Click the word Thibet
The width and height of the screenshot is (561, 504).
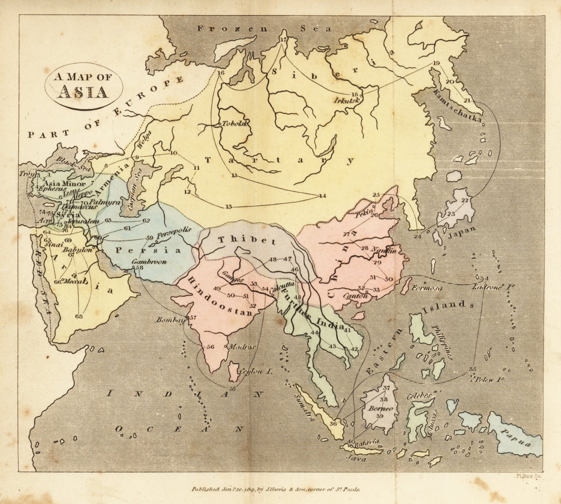point(247,240)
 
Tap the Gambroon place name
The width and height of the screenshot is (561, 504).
point(149,262)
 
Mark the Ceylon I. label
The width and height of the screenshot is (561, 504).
point(255,371)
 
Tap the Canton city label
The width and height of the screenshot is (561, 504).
point(355,296)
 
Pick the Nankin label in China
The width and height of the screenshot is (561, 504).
point(384,250)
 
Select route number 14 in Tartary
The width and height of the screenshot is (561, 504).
point(322,196)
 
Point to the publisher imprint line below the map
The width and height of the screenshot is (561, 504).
point(276,488)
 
